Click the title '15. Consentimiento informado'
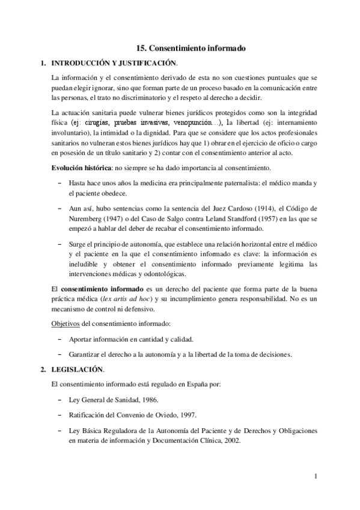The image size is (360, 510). click(191, 48)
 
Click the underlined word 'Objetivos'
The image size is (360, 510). click(67, 324)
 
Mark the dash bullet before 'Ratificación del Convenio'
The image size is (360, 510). click(59, 415)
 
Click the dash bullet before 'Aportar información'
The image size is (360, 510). click(59, 339)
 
